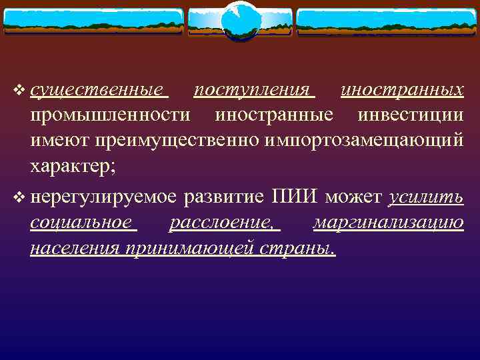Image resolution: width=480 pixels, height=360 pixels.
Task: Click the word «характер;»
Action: coord(73,167)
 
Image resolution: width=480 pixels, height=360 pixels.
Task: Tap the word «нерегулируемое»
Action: coord(104,197)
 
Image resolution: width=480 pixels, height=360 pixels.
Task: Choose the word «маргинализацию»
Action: coord(389,223)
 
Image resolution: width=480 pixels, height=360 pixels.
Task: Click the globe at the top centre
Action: coord(239,20)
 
